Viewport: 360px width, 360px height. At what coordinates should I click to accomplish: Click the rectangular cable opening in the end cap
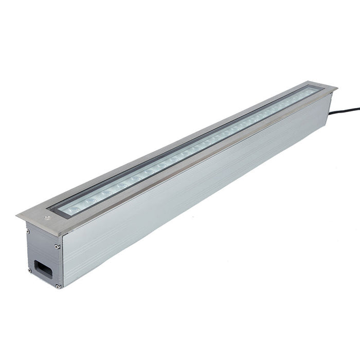point(43,269)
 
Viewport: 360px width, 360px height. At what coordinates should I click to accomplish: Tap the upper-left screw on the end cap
point(28,232)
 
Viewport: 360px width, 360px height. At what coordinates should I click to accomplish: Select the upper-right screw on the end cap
point(58,247)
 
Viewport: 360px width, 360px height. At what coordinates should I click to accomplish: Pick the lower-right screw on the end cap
point(58,286)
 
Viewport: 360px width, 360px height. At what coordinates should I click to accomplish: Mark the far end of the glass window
point(316,91)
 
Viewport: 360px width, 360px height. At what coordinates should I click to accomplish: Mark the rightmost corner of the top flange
point(337,88)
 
